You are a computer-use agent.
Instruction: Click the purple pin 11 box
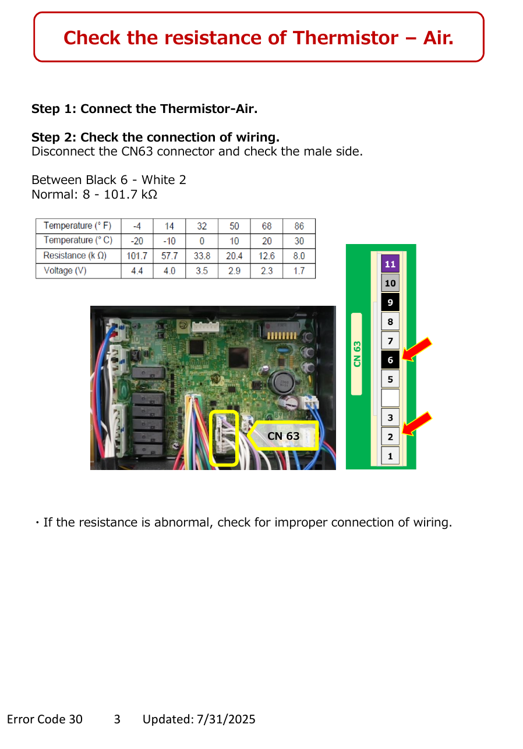pos(390,263)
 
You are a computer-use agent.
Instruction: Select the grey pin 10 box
pos(390,283)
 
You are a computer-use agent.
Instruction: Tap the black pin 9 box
pos(390,302)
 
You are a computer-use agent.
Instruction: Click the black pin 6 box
pos(390,360)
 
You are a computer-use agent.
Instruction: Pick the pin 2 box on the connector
pos(390,436)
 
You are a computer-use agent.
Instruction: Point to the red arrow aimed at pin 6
pos(416,349)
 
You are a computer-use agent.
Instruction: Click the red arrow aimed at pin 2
pos(416,423)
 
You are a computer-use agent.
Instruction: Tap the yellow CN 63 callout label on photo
pos(283,435)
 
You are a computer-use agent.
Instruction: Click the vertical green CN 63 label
pos(357,354)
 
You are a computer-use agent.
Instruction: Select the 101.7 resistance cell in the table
pos(137,256)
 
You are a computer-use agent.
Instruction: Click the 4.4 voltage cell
pos(137,271)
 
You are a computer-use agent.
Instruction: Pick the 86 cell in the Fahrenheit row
pos(299,226)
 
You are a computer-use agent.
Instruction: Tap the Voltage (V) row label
pos(65,270)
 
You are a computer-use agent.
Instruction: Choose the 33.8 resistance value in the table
pos(202,256)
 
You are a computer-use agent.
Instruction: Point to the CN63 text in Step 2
pos(137,151)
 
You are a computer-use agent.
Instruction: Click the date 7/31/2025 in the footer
pos(226,719)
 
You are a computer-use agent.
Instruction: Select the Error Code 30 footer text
pos(44,719)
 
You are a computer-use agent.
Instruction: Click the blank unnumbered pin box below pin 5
pos(390,398)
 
